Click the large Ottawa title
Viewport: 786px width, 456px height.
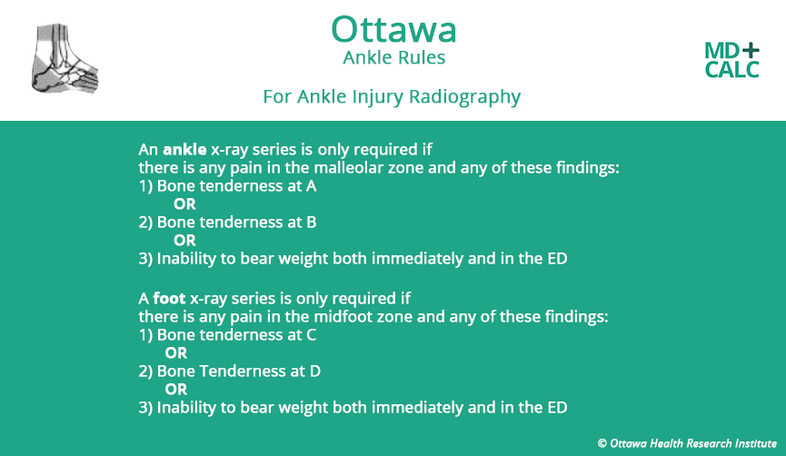(393, 29)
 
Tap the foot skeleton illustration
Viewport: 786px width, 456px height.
(65, 60)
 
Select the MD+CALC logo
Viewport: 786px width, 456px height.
(731, 59)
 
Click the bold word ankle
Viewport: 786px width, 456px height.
(184, 148)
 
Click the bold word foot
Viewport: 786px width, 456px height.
(169, 298)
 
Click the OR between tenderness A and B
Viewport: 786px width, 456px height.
(184, 203)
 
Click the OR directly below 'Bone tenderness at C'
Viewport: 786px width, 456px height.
(175, 352)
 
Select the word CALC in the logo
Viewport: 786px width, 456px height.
(731, 70)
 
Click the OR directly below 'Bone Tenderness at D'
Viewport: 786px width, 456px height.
(175, 389)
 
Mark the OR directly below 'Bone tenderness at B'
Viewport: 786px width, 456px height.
(184, 240)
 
